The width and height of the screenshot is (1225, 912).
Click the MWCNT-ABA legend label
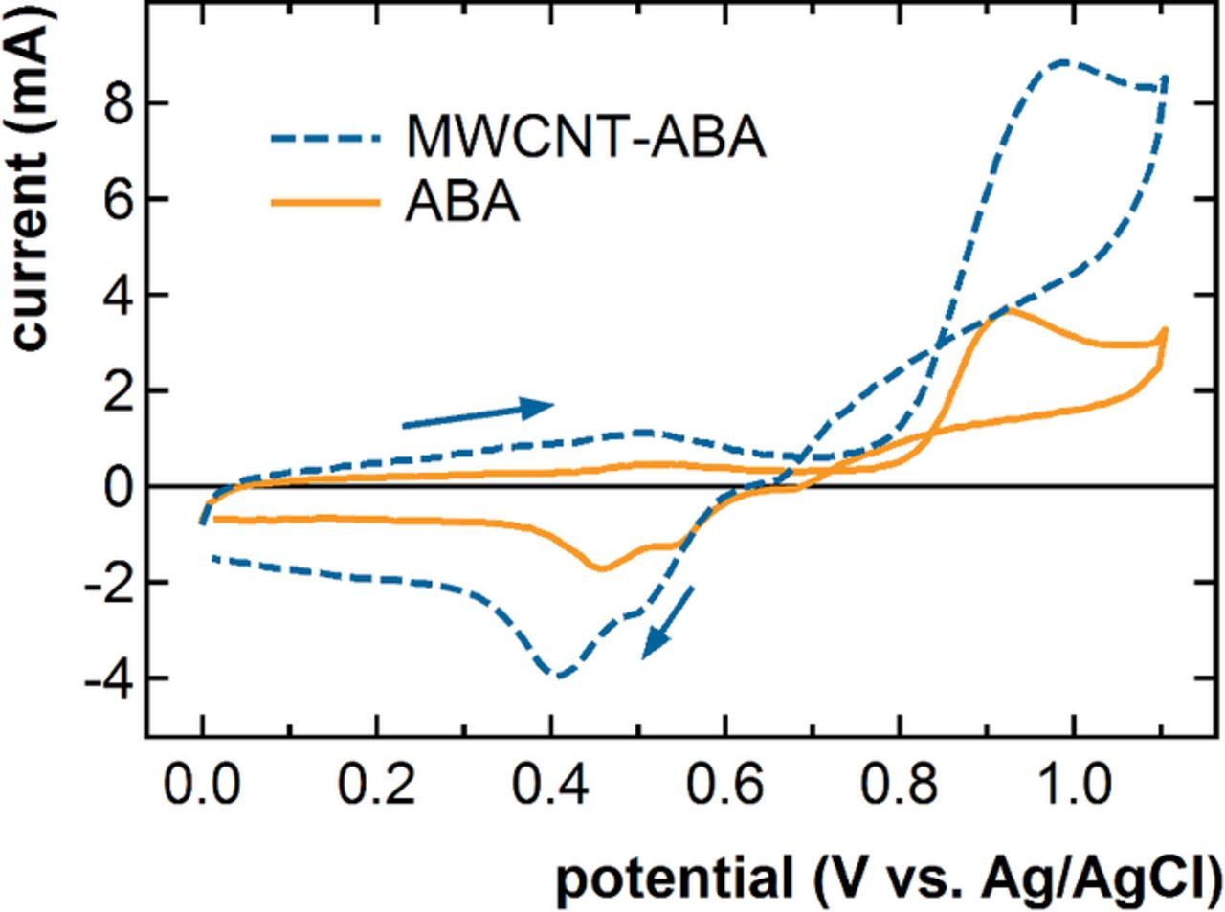tap(585, 137)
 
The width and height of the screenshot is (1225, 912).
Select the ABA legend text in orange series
tap(462, 203)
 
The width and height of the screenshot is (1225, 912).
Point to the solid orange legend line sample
tap(325, 202)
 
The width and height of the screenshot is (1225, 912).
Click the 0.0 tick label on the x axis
tap(202, 787)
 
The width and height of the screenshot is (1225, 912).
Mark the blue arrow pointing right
tap(478, 414)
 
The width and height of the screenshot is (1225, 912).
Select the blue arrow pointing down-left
tap(667, 622)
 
